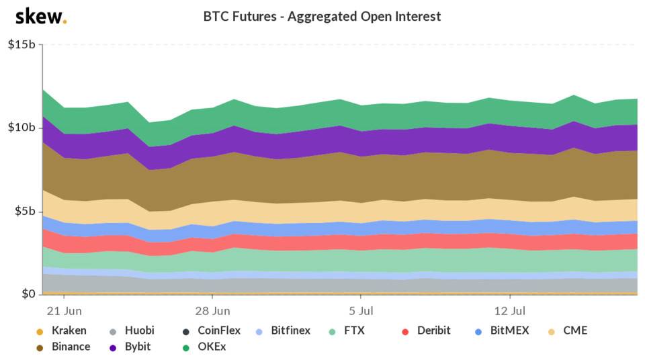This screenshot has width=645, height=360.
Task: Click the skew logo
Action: (x=40, y=16)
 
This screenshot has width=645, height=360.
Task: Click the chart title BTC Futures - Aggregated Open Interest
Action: (x=322, y=16)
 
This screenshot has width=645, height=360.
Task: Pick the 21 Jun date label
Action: (x=63, y=312)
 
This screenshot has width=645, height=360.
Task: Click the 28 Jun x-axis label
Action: (x=212, y=312)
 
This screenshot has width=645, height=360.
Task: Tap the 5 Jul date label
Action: (x=361, y=312)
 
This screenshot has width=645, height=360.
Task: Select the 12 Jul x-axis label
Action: (x=510, y=312)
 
